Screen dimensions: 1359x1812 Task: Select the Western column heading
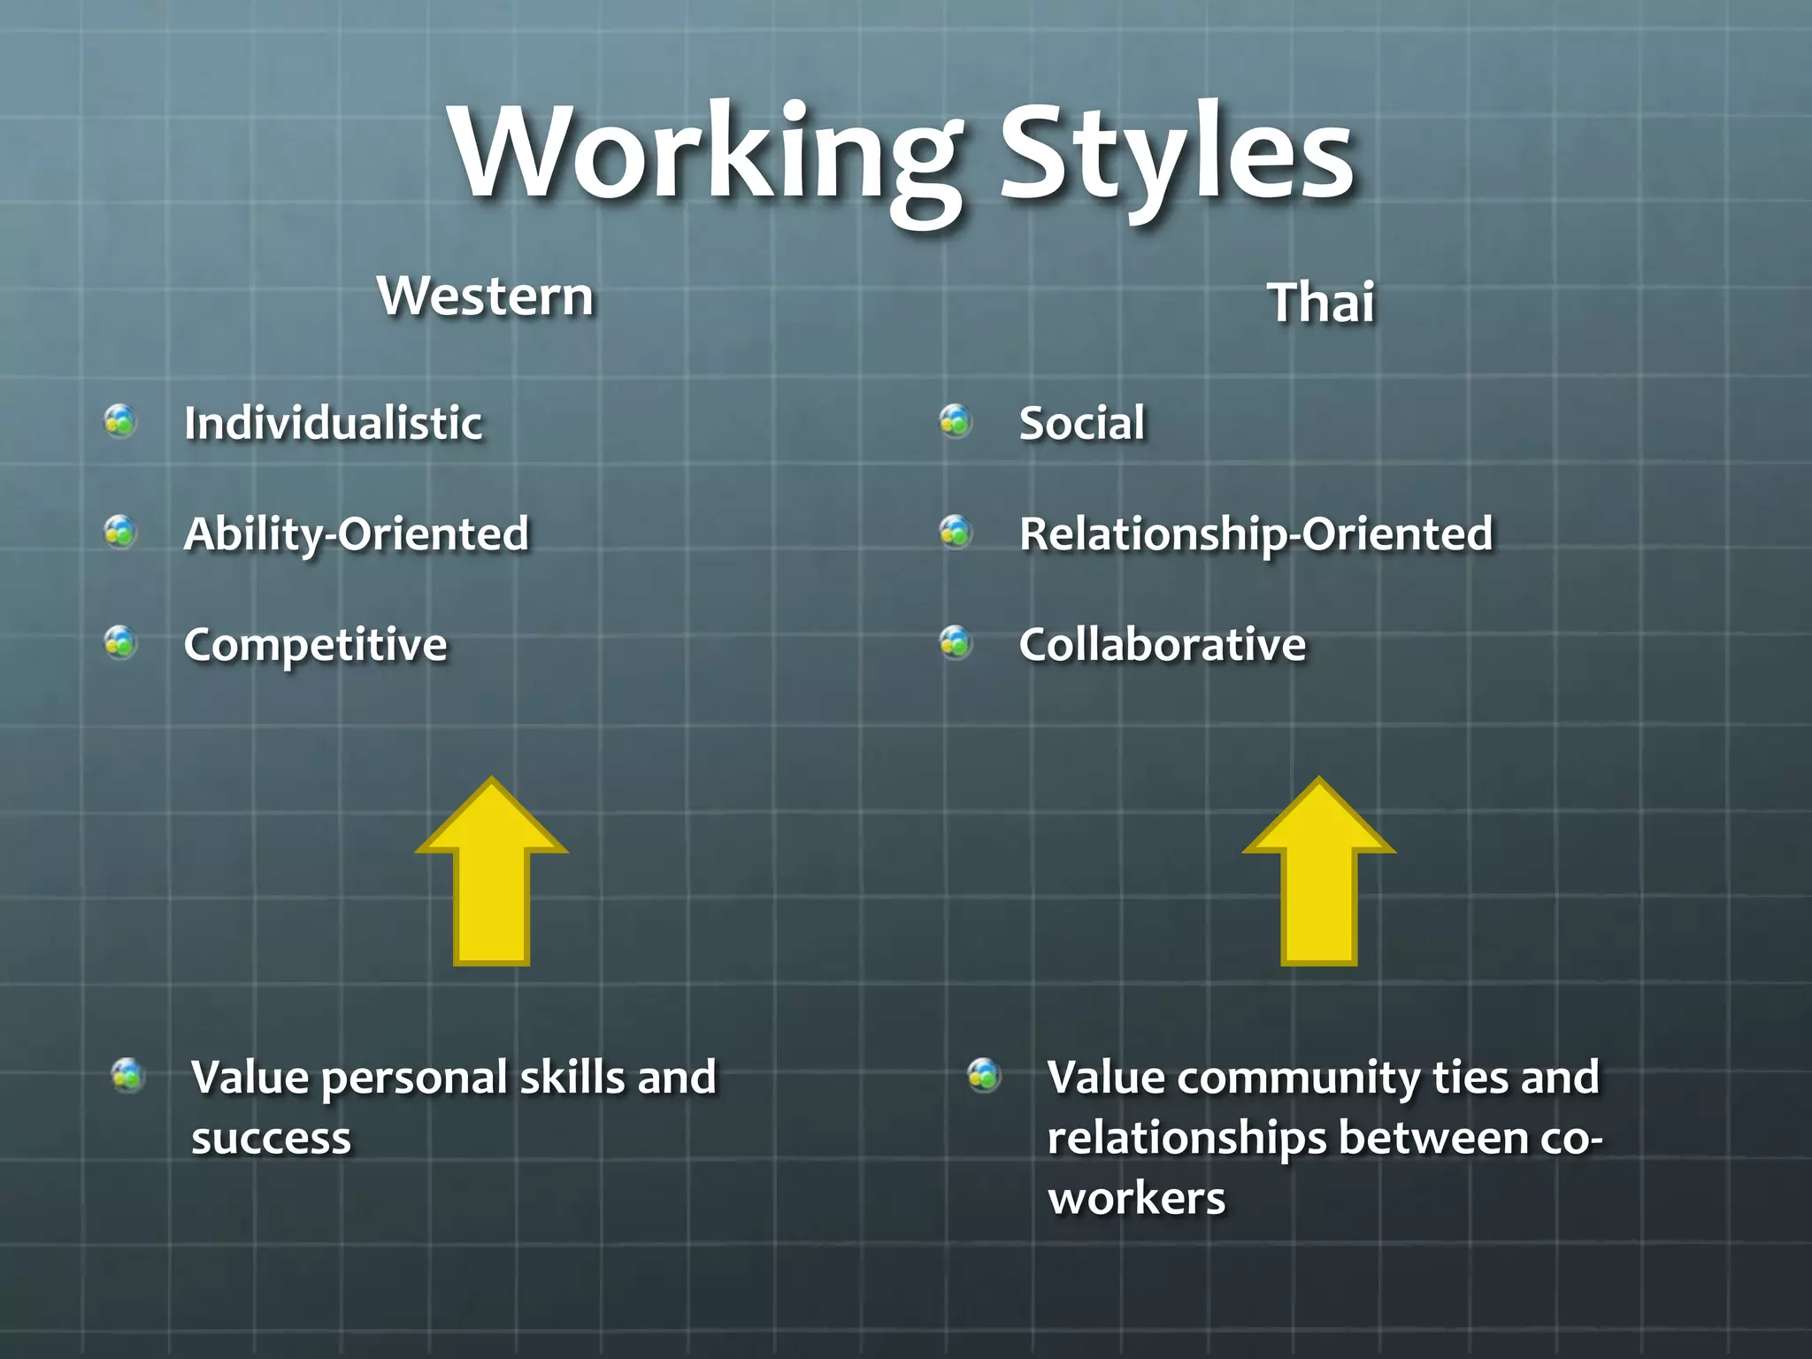[485, 296]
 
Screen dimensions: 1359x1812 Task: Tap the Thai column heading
[1322, 303]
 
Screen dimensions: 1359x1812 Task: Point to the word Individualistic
[333, 423]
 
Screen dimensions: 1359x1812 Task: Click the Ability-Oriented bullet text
[356, 534]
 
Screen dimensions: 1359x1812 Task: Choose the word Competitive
[315, 645]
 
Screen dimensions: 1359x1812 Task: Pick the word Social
[1081, 423]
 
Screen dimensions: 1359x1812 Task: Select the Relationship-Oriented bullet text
[1255, 534]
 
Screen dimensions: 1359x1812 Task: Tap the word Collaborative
[1162, 645]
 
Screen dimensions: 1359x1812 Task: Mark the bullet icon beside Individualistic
[120, 421]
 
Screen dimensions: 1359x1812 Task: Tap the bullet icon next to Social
[956, 421]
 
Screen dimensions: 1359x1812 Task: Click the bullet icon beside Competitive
[120, 642]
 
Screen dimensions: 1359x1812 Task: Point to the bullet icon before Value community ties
[984, 1075]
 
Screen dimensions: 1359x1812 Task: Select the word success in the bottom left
[271, 1139]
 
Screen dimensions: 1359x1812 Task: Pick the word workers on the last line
[1136, 1199]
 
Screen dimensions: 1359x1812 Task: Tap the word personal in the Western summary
[414, 1079]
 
